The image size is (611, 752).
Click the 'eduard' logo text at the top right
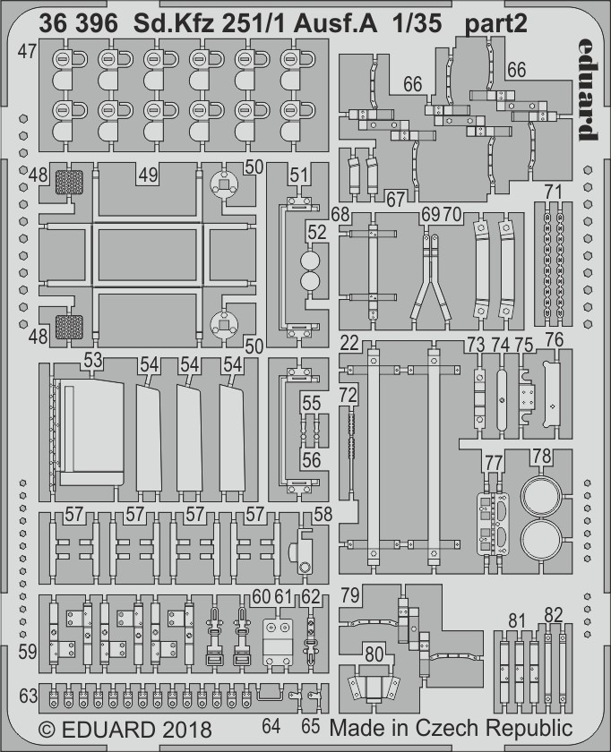coord(588,90)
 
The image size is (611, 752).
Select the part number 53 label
coord(92,360)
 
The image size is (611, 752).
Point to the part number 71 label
coord(553,192)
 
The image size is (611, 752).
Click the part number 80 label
coord(374,654)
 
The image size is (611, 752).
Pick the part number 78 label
coord(542,456)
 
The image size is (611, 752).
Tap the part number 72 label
coord(348,395)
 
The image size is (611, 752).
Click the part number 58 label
coord(323,514)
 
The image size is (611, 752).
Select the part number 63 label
coord(29,696)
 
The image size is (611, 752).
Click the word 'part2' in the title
coord(495,24)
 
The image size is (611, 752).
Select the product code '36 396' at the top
coord(78,23)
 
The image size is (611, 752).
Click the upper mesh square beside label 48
coord(70,183)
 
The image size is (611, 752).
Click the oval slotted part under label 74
coord(502,401)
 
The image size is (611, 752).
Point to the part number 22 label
coord(349,343)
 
